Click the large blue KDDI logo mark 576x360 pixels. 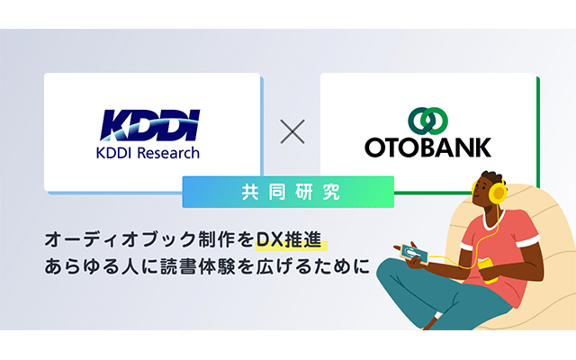coord(150,125)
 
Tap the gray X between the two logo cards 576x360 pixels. coord(292,131)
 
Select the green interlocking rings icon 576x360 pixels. coord(428,121)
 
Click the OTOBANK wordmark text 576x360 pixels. coord(428,148)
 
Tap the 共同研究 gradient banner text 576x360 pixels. coord(290,192)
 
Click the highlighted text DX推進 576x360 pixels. coord(289,239)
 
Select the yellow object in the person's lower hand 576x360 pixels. coord(488,269)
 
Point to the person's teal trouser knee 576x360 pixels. coord(390,273)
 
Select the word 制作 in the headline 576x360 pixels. coord(216,239)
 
